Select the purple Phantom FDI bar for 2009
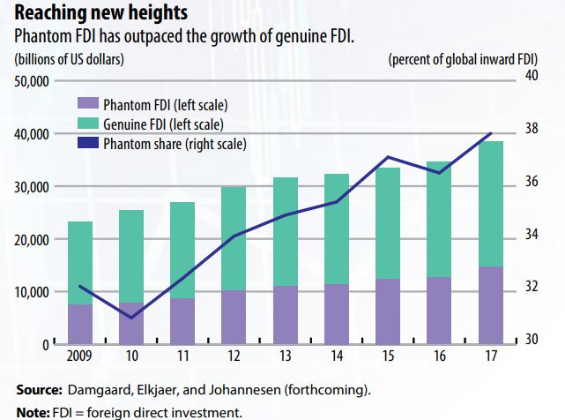(x=80, y=323)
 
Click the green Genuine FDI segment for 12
(x=234, y=238)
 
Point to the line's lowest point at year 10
(x=130, y=318)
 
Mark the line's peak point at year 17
(x=490, y=133)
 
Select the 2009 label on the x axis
(x=80, y=356)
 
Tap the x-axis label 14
(x=336, y=356)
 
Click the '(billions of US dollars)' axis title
(x=68, y=59)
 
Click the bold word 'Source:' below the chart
(x=38, y=390)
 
